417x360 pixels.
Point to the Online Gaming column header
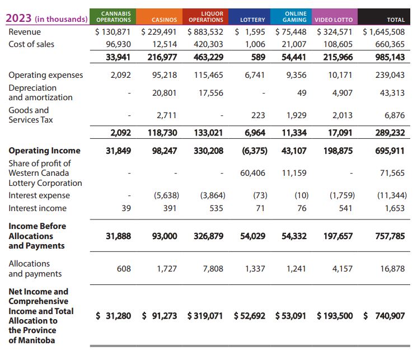[x=291, y=16]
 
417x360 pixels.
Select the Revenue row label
[x=25, y=32]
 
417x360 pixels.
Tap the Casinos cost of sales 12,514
[x=165, y=44]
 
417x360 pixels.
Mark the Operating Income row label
[x=44, y=151]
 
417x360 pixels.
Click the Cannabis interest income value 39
[x=125, y=208]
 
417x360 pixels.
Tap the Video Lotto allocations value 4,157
[x=342, y=269]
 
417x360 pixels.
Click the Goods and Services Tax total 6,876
[x=393, y=115]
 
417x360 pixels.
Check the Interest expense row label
[x=39, y=195]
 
